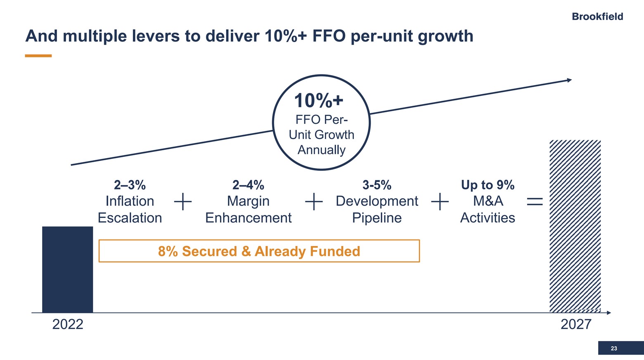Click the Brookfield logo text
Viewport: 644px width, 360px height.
[x=597, y=17]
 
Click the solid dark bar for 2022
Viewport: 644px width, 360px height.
[x=67, y=269]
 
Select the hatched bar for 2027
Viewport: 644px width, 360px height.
[x=575, y=226]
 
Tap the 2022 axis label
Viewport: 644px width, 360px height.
[x=68, y=324]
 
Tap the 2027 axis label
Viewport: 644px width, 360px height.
[x=575, y=324]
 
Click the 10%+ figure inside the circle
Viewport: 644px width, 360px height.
[x=318, y=101]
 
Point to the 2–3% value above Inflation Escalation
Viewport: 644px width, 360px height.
[x=130, y=185]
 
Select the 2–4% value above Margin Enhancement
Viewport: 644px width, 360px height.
[x=248, y=185]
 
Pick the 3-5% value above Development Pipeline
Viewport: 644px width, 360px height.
[x=376, y=185]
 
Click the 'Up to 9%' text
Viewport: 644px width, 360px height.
[x=488, y=185]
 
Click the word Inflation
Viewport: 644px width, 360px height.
[x=130, y=201]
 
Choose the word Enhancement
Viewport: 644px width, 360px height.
[x=248, y=218]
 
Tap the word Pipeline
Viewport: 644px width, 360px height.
[x=376, y=218]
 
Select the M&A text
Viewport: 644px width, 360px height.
[x=488, y=201]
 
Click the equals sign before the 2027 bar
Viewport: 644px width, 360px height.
[x=535, y=201]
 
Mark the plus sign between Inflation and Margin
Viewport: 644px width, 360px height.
[x=182, y=202]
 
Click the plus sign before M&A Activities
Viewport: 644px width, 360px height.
[x=440, y=202]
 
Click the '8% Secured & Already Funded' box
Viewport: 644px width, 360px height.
[x=259, y=251]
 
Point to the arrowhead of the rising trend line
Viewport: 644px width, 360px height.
[x=569, y=80]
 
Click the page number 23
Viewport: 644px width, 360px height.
[x=614, y=348]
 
